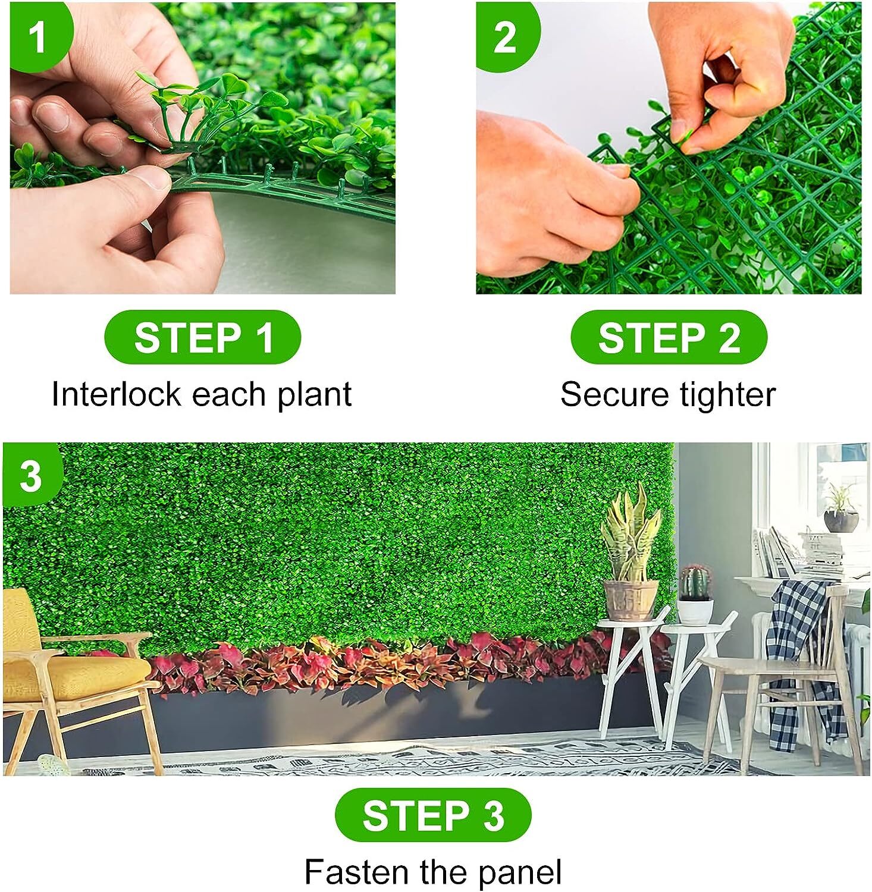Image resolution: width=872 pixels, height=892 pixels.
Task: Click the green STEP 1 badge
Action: click(x=202, y=337)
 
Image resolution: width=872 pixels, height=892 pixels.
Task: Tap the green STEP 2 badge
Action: click(x=669, y=337)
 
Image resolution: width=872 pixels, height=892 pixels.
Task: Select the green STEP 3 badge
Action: click(x=433, y=815)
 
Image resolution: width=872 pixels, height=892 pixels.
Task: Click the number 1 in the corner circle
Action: click(x=37, y=37)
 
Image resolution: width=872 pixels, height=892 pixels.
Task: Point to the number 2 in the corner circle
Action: click(x=504, y=37)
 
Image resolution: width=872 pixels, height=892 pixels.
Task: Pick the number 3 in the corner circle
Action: click(x=31, y=476)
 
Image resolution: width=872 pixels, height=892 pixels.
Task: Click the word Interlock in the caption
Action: click(x=116, y=394)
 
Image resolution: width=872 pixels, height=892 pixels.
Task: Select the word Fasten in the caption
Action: click(x=357, y=872)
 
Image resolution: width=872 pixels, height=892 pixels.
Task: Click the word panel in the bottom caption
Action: click(x=520, y=872)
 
